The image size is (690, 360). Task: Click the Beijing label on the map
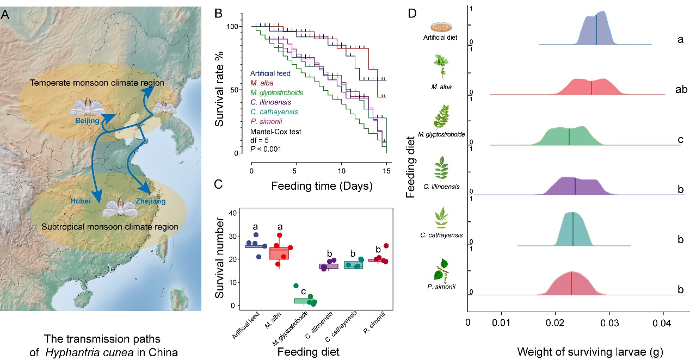[x=84, y=121]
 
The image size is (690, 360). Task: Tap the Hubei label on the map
[x=81, y=201]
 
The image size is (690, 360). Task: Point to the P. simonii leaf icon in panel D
[x=442, y=270]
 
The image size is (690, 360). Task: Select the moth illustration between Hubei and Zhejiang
[x=119, y=208]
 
